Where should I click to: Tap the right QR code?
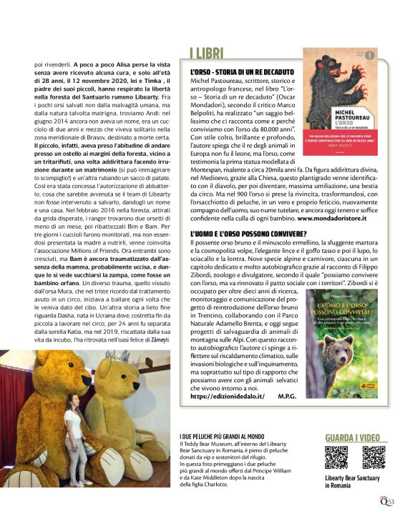tap(373, 457)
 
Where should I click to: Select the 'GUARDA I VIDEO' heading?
tap(354, 437)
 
